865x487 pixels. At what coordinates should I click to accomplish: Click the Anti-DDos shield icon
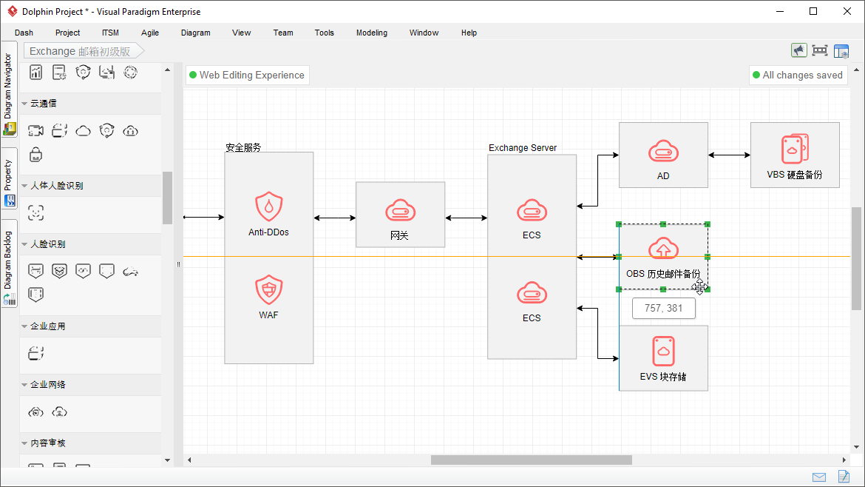268,206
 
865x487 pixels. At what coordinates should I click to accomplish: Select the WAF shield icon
268,289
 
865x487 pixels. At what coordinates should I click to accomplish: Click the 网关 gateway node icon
400,211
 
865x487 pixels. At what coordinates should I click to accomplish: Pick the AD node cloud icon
663,151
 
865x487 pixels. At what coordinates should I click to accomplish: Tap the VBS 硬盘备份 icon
795,149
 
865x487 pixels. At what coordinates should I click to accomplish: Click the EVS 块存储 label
663,377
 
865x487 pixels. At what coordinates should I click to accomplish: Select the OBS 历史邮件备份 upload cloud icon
663,248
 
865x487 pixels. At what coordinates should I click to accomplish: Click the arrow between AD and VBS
729,155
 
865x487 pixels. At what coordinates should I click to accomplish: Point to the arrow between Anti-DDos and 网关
335,218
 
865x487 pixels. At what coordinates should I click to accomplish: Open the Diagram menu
195,33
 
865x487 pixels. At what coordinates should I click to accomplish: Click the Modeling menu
372,33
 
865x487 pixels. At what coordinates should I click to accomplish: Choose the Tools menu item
325,33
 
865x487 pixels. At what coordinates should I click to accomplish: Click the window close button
847,11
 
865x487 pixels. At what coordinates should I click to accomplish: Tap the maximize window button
813,11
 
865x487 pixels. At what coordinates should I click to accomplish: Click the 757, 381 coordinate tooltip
664,308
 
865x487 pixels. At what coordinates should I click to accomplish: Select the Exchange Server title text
523,147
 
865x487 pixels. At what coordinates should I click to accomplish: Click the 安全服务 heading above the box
243,147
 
